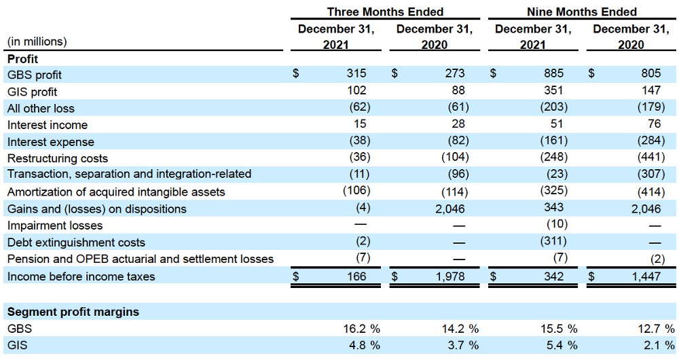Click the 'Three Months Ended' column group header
385,12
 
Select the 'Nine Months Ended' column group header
582,12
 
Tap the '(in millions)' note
37,42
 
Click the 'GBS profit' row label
35,75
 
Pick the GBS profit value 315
356,74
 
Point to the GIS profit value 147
650,91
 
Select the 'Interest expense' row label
51,142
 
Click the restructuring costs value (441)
647,158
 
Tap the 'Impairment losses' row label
55,226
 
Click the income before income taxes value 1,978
452,276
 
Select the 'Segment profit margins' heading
73,312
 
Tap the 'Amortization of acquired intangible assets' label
116,192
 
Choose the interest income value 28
457,124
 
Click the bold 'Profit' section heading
22,59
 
